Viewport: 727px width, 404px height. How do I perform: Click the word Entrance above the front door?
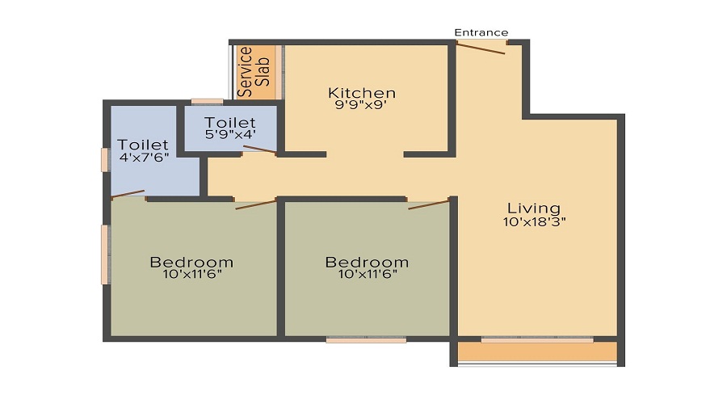click(481, 32)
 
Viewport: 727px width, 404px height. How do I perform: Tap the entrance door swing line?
click(481, 48)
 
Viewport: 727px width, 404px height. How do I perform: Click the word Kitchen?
click(361, 93)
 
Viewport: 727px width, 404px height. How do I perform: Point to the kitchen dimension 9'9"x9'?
click(361, 106)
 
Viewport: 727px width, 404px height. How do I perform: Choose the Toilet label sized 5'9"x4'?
click(229, 123)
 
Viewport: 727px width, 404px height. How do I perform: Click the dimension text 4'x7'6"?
click(143, 158)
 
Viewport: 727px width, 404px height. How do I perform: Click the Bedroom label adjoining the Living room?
click(367, 263)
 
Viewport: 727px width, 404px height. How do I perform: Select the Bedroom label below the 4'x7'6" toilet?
click(191, 263)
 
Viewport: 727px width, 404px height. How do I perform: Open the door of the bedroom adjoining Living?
click(428, 203)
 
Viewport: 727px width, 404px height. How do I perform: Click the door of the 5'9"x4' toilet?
click(259, 149)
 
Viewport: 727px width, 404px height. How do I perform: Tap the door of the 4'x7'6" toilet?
click(128, 194)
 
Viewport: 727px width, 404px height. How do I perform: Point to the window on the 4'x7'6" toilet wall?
click(104, 159)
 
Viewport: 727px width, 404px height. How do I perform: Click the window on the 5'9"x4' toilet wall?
click(208, 101)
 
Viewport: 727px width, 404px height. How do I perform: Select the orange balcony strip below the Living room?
click(536, 352)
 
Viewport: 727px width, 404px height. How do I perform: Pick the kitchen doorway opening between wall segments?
click(365, 154)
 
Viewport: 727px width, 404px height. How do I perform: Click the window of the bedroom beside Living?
click(366, 339)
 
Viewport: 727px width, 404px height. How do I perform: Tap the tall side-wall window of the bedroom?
click(104, 254)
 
